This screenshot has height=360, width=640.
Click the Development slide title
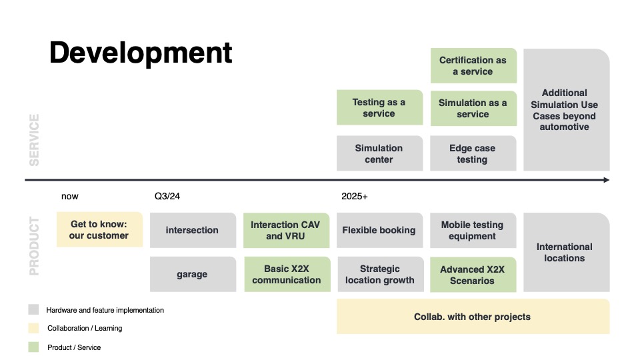coord(141,53)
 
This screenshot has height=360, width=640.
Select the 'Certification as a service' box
coord(473,65)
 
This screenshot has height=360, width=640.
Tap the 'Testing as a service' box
coord(379,108)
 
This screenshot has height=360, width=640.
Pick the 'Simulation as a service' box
coord(473,108)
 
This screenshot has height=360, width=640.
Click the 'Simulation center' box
coord(379,153)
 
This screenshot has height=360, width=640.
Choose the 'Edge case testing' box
coord(473,153)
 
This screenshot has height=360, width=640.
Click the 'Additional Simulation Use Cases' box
coord(565,110)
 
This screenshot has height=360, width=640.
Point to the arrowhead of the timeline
coord(605,180)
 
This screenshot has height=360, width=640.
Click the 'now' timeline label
coord(70,197)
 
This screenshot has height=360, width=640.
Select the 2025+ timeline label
coord(355,197)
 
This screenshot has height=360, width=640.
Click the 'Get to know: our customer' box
coord(99,230)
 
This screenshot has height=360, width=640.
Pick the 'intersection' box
coord(193,230)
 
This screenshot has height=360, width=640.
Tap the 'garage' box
coord(193,274)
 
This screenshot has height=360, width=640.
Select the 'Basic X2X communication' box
coord(287,274)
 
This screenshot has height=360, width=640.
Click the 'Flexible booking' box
coord(379,230)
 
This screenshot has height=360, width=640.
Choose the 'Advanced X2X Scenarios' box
coord(473,275)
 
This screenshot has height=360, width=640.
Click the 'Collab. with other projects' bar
coord(473,317)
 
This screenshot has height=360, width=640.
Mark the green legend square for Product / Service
coord(33,347)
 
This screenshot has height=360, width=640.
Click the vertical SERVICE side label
coord(34,140)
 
